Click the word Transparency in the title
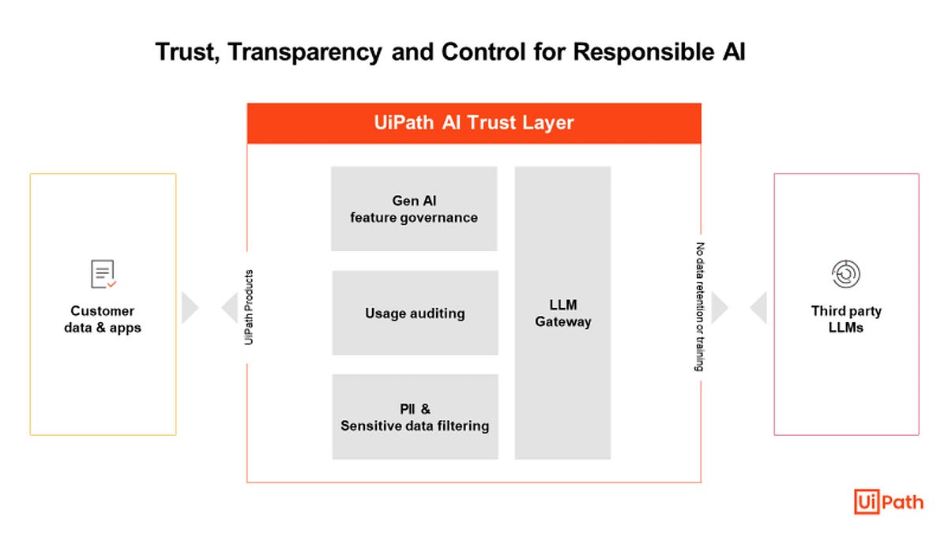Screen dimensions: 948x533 305,53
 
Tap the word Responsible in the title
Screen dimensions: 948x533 643,52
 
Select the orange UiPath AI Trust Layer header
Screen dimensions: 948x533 474,123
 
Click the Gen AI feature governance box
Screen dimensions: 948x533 414,208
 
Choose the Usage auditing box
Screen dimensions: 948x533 416,313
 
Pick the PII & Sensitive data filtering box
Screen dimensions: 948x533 416,417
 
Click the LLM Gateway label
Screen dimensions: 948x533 562,313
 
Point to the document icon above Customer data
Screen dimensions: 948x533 103,274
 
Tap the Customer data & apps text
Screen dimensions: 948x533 103,319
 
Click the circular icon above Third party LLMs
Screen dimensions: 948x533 846,274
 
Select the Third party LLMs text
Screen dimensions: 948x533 846,319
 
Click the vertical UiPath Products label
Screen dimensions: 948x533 249,307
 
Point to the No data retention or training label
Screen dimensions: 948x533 700,307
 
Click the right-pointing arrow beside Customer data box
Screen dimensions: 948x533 190,307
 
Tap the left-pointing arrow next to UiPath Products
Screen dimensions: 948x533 230,307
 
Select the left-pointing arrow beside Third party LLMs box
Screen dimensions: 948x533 758,307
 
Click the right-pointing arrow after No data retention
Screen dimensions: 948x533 720,307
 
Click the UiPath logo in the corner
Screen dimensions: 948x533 889,501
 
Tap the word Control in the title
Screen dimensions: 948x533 483,52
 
